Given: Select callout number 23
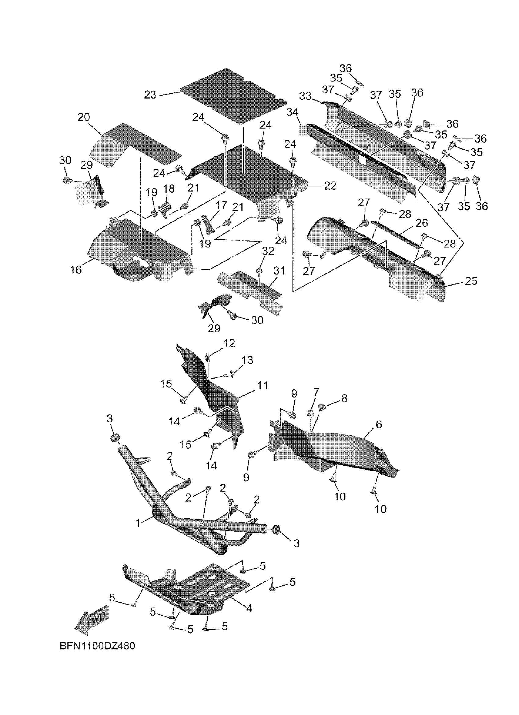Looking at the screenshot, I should [x=150, y=95].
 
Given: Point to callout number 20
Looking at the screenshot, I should [x=84, y=117].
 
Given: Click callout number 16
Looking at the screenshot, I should [x=76, y=269].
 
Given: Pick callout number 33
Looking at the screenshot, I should [x=305, y=96].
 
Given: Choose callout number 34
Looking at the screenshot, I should [x=292, y=112].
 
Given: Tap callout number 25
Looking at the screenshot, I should [x=471, y=281].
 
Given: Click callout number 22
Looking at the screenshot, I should [x=330, y=186].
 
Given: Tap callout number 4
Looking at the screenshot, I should [x=249, y=608].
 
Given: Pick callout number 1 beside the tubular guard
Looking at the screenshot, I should [x=138, y=523].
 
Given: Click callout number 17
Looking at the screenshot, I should [x=221, y=205].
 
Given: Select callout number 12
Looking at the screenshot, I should [x=229, y=343].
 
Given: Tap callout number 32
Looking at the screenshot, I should [x=268, y=251].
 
